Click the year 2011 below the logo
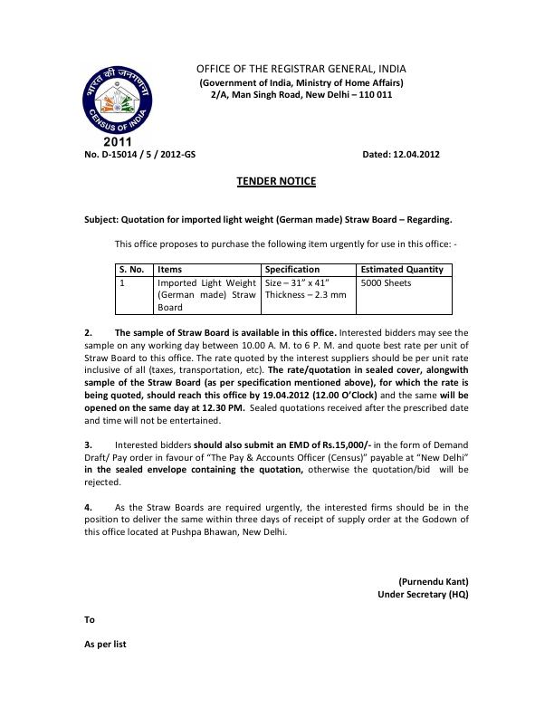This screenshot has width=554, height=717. (x=117, y=142)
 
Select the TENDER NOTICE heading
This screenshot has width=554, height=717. (x=276, y=181)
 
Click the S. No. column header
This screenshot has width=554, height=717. (x=132, y=269)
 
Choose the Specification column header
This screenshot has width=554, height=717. (x=292, y=269)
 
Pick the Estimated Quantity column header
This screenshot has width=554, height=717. (x=402, y=269)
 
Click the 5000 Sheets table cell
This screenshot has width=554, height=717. (x=386, y=282)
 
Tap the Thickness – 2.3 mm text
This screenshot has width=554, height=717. (x=305, y=295)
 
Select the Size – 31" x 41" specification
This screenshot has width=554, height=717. (x=299, y=282)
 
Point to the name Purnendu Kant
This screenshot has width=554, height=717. (x=434, y=580)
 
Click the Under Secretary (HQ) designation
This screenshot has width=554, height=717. (x=423, y=594)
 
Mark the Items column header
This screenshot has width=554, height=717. (x=169, y=269)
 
